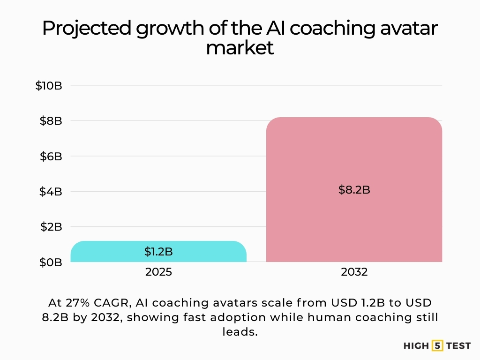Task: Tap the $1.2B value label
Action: (x=158, y=252)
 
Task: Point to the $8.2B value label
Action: (x=354, y=190)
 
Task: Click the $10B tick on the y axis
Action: (x=49, y=86)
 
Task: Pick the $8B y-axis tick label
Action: (x=51, y=121)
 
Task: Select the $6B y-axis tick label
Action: (x=51, y=156)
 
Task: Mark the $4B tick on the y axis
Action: (x=51, y=191)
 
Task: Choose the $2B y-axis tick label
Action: (x=51, y=226)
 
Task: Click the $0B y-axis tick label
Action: (x=51, y=262)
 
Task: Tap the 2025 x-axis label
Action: (x=158, y=272)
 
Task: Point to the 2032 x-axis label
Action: (x=354, y=272)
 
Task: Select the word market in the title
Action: (x=240, y=48)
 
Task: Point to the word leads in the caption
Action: (x=239, y=332)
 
